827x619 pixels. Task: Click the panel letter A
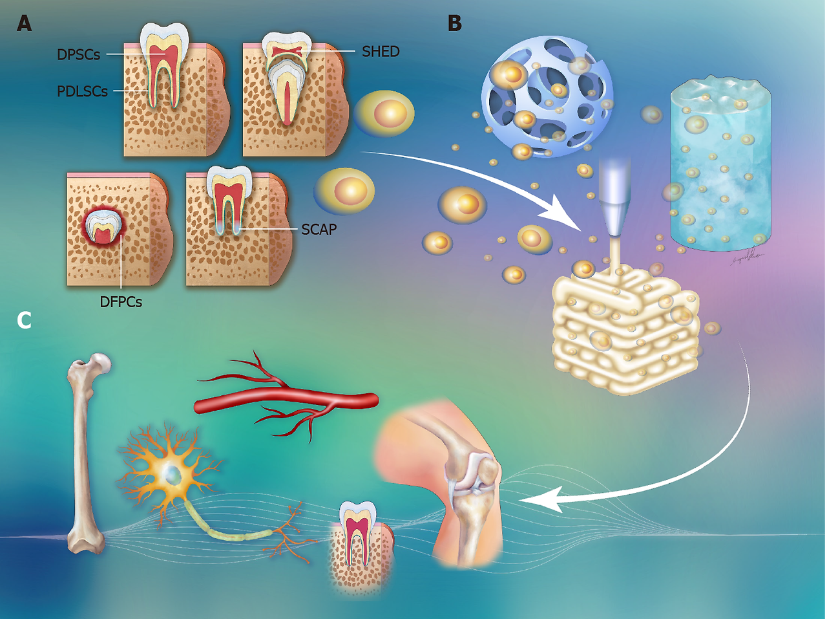24,24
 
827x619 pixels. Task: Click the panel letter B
455,24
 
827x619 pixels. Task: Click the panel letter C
24,320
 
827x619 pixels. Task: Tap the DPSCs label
78,55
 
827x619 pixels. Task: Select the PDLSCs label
82,91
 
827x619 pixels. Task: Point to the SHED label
381,52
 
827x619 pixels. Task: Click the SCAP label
319,229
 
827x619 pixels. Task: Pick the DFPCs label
121,301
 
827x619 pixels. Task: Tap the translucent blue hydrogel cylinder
720,168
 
